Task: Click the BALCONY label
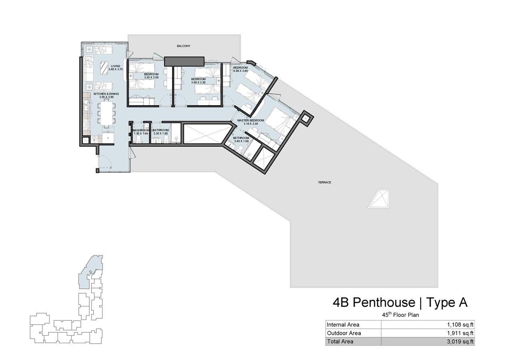click(184, 46)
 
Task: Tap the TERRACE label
click(324, 182)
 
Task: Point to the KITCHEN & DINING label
click(106, 94)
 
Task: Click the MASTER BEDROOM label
click(251, 120)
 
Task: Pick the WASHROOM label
click(141, 130)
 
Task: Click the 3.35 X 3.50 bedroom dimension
click(152, 77)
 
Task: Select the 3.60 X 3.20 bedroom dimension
click(198, 82)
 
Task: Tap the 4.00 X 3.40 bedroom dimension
click(241, 71)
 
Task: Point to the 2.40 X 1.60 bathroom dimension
click(241, 141)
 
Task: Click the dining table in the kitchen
click(106, 113)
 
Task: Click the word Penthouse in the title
click(384, 303)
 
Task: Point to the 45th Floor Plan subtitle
click(400, 315)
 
